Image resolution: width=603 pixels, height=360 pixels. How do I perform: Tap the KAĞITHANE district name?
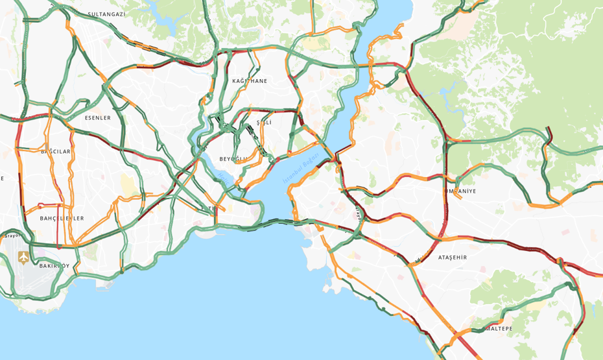[250, 81]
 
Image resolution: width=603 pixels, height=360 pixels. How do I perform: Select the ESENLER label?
[98, 118]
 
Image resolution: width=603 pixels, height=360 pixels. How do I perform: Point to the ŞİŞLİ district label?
[264, 122]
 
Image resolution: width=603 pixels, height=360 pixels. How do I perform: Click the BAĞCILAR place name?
[56, 151]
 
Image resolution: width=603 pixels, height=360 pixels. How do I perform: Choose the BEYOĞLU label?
[234, 159]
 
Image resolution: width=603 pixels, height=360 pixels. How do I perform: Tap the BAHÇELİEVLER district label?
[62, 219]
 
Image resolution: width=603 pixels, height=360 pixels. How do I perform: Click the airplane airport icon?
[24, 258]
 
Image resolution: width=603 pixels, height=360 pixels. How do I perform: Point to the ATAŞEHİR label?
[452, 258]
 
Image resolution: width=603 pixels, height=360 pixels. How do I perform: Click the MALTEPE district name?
[500, 329]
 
